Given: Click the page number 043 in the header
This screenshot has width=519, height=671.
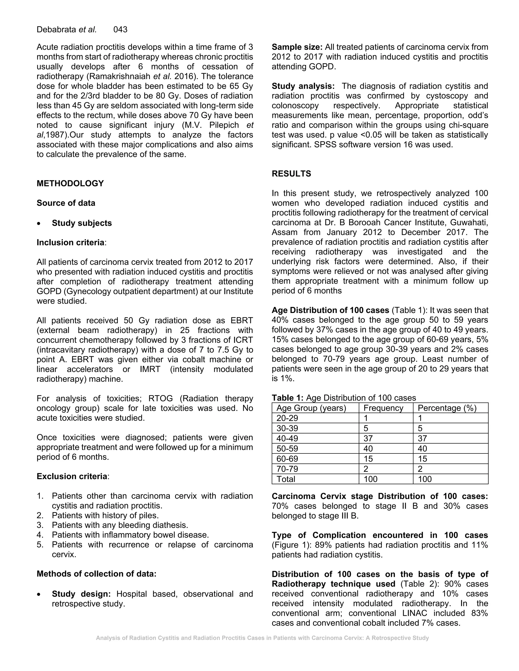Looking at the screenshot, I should point(120,29).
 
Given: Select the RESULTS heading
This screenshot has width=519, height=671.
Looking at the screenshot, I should point(291,174).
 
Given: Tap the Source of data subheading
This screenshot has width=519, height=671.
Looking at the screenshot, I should point(66,203).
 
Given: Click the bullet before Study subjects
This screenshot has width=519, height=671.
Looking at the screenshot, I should point(39,224).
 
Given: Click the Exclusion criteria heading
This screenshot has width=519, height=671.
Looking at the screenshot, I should point(72,476).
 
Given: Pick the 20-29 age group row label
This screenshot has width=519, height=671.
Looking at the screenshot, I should point(287,418).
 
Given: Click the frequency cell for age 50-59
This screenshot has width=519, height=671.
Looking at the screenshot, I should point(368,449).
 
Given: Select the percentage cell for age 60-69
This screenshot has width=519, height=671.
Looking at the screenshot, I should point(422,459).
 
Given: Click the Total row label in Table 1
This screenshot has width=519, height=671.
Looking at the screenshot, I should point(286,479).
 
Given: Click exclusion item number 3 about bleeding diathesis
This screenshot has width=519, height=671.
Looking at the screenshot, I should point(120,525).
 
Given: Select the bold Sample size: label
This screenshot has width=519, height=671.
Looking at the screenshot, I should point(297,47).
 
